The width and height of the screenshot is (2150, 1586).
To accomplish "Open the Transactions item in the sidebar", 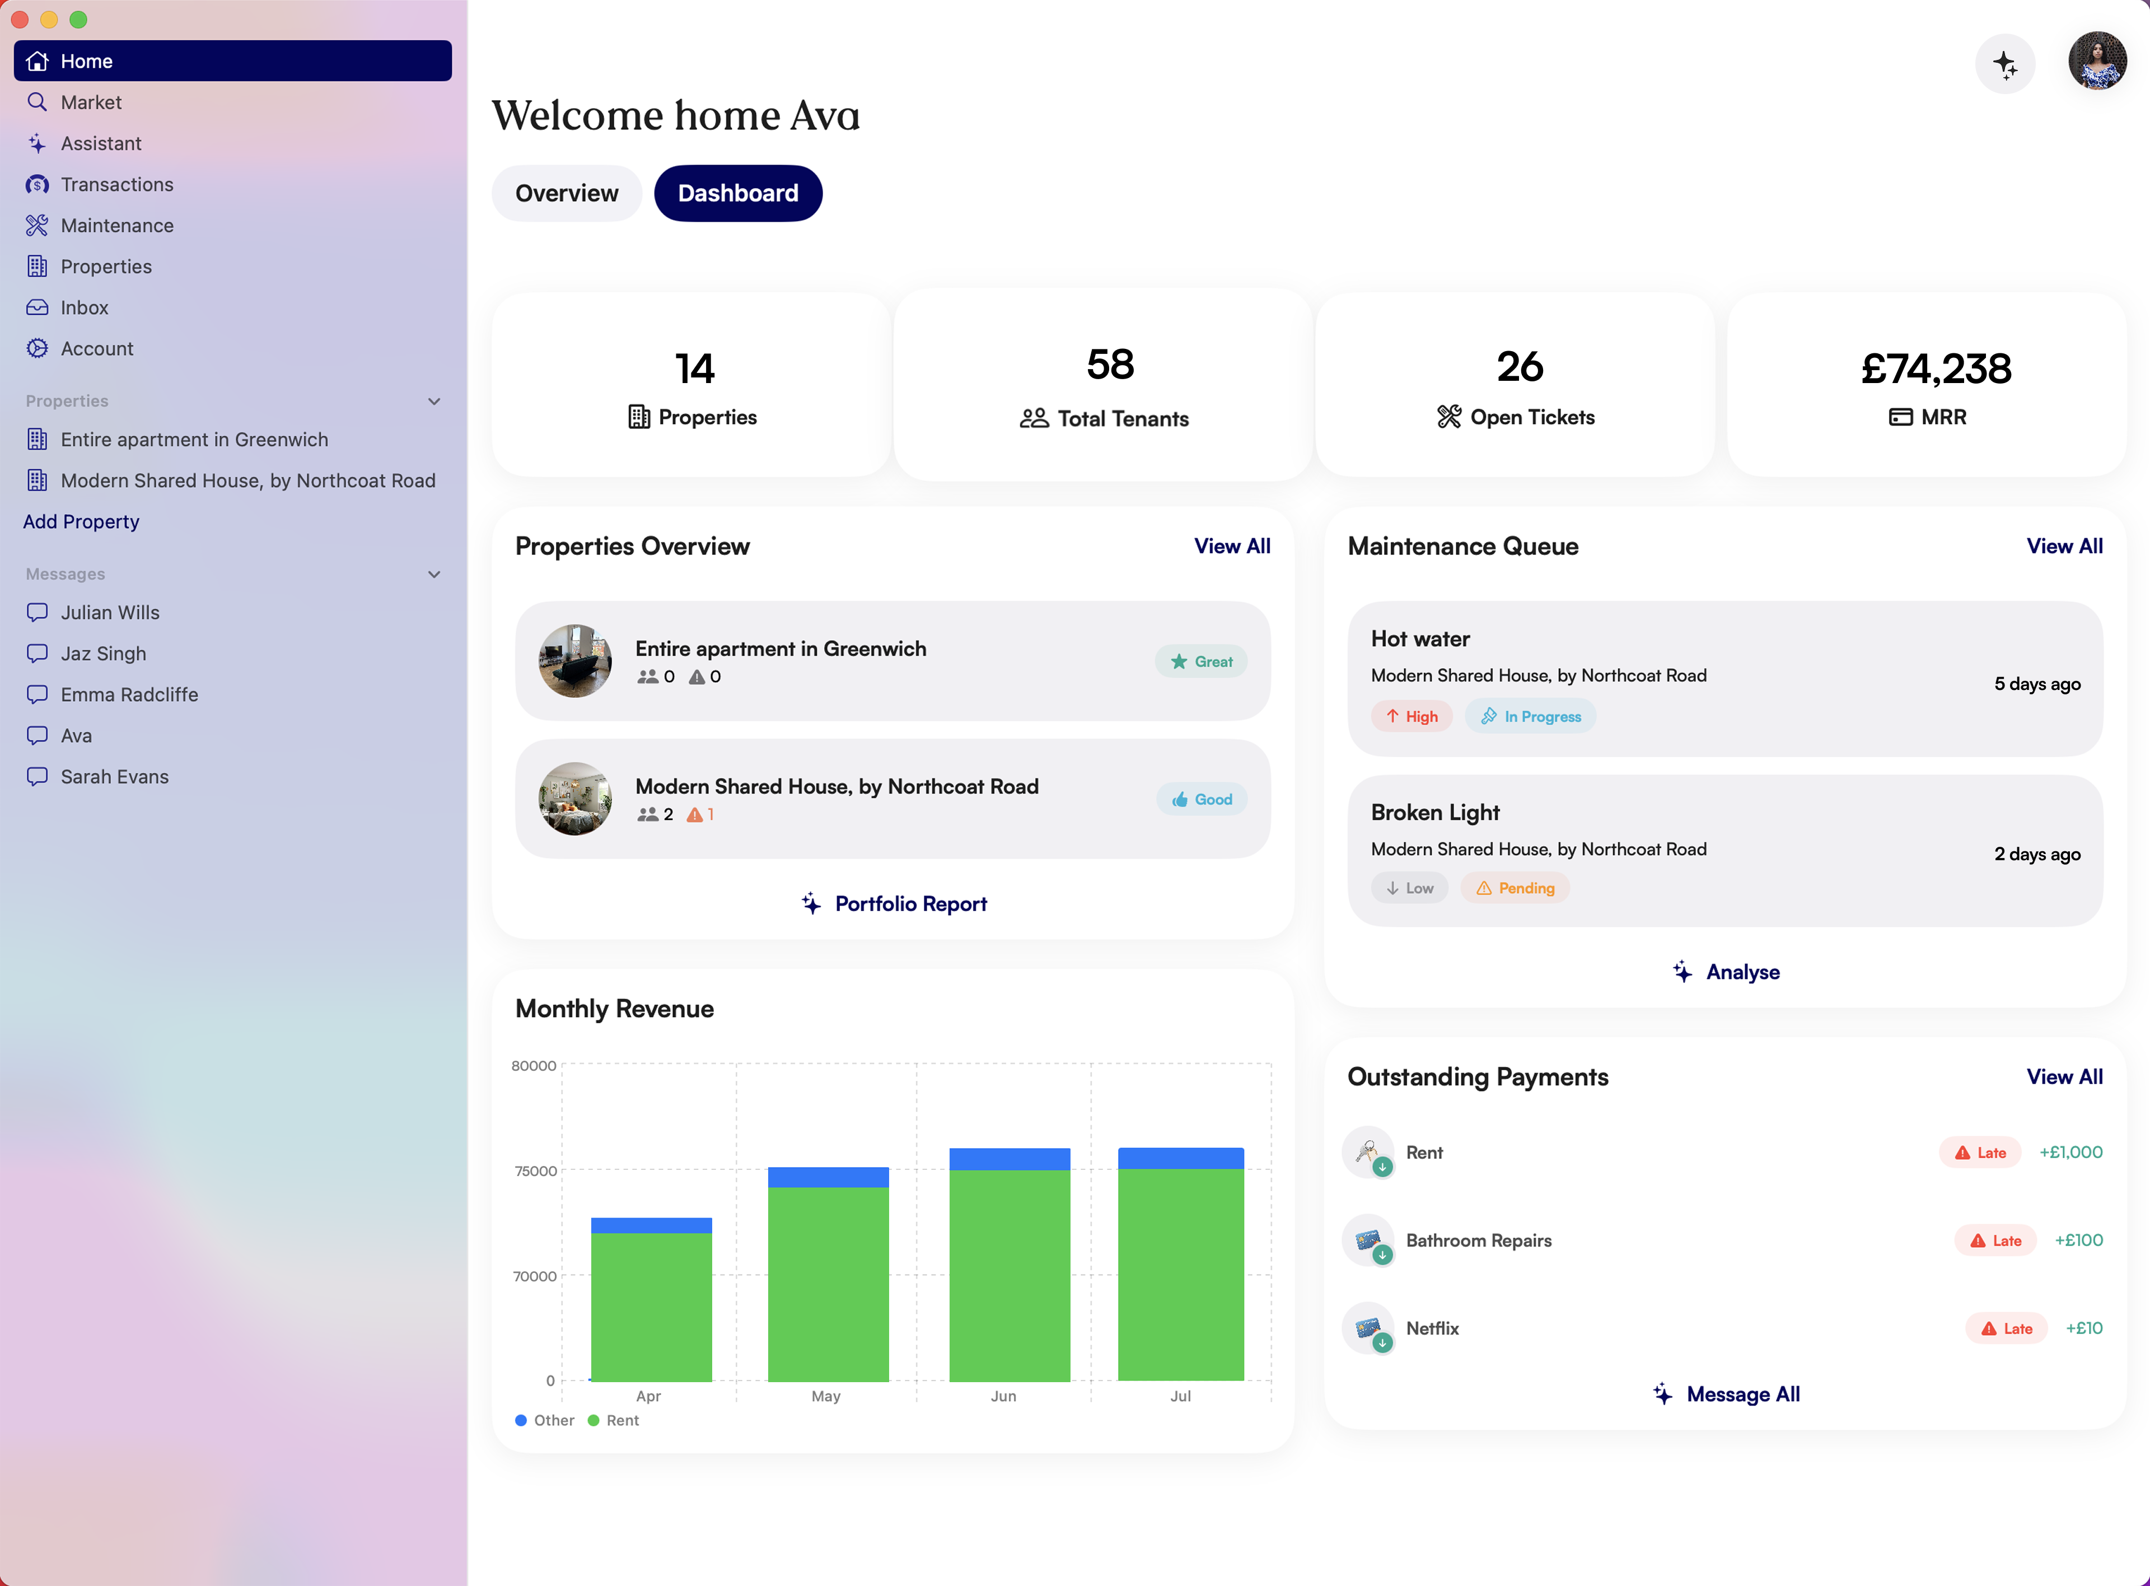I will pyautogui.click(x=116, y=184).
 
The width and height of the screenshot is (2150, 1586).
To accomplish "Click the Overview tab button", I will pyautogui.click(x=566, y=193).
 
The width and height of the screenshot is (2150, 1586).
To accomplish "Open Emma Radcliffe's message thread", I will pyautogui.click(x=129, y=694).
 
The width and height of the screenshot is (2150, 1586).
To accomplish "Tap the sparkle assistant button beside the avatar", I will pyautogui.click(x=2004, y=64).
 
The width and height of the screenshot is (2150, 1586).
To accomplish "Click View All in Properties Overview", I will pyautogui.click(x=1231, y=546).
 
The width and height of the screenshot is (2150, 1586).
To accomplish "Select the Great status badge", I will pyautogui.click(x=1201, y=661).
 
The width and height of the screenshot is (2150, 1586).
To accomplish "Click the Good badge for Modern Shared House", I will pyautogui.click(x=1202, y=799).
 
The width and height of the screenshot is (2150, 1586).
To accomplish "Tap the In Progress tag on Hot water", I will pyautogui.click(x=1530, y=716).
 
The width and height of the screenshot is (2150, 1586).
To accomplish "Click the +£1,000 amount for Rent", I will pyautogui.click(x=2070, y=1152).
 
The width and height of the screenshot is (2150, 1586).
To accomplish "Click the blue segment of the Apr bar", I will pyautogui.click(x=651, y=1225).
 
